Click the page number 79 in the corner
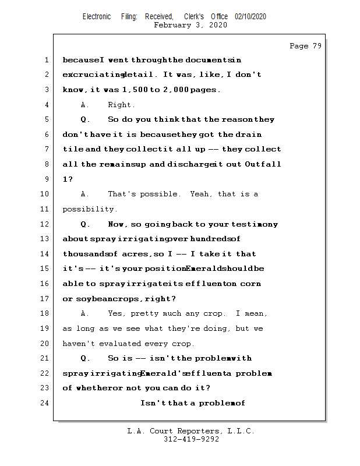(x=316, y=46)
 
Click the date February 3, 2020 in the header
(x=190, y=25)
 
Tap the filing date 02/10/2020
(x=250, y=16)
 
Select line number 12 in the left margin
(x=45, y=224)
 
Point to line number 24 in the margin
(x=45, y=403)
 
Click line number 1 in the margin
(x=47, y=60)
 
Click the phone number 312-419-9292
(x=191, y=440)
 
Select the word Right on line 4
(x=121, y=105)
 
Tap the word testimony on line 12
(x=255, y=224)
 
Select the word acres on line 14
(x=135, y=254)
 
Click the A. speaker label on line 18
(x=84, y=313)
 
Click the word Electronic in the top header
(x=97, y=16)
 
